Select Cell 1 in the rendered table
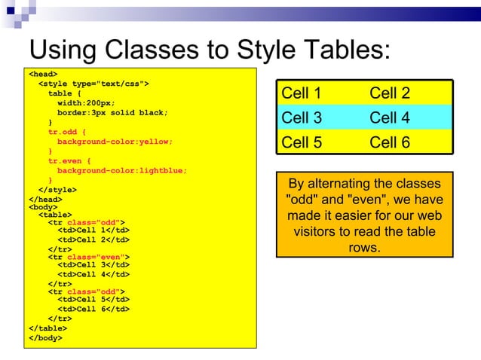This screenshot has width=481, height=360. (302, 93)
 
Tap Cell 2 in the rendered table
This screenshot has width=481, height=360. (390, 93)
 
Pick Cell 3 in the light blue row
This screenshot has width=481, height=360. (302, 117)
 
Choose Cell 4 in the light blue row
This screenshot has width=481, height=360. (390, 117)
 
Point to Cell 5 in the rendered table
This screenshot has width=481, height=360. (302, 142)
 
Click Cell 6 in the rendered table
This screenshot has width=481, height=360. (390, 142)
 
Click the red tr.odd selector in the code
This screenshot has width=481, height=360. (63, 132)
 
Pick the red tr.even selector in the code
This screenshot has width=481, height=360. (66, 160)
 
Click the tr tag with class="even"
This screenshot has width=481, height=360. (89, 257)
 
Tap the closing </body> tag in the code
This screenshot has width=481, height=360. (45, 337)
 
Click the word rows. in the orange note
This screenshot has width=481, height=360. (365, 247)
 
